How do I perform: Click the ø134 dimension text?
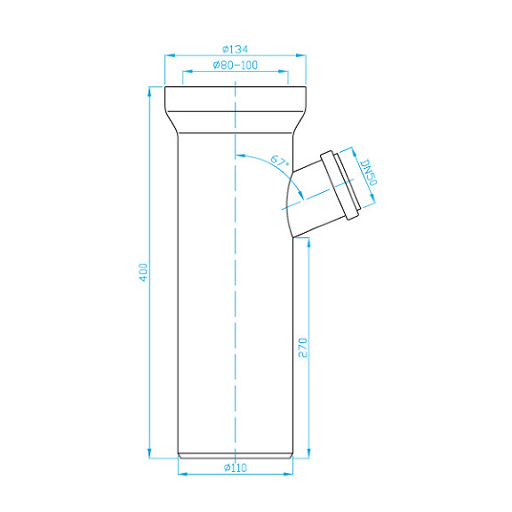coord(235,48)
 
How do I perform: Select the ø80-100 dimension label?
coord(235,66)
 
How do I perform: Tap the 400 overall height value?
coord(141,272)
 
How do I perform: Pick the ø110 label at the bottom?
coord(235,468)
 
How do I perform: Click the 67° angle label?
coord(279,162)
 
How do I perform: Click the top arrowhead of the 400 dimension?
coord(149,90)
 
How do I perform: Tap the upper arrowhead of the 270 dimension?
coord(308,243)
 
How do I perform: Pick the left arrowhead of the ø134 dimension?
coord(169,55)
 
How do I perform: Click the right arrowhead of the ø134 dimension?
coord(302,55)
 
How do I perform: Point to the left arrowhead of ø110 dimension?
coord(182,473)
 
